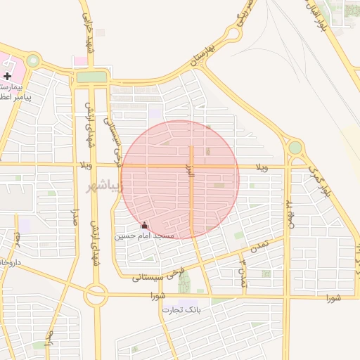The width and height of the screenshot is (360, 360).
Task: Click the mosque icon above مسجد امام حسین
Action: [x=145, y=225]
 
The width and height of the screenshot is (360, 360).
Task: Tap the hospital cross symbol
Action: [x=7, y=75]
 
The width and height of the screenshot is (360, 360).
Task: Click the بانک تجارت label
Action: [x=181, y=309]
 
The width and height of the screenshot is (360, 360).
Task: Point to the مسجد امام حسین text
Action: [x=145, y=236]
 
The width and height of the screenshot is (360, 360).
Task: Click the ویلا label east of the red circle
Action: [x=262, y=167]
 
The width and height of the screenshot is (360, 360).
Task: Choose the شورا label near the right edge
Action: [x=333, y=297]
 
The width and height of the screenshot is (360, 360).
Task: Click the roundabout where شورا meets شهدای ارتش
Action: [x=96, y=295]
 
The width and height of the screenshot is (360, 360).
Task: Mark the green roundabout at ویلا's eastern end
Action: [x=295, y=148]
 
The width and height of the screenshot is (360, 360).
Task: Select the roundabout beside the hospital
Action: [x=32, y=61]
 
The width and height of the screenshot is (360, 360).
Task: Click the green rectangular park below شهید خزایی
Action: [x=91, y=77]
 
